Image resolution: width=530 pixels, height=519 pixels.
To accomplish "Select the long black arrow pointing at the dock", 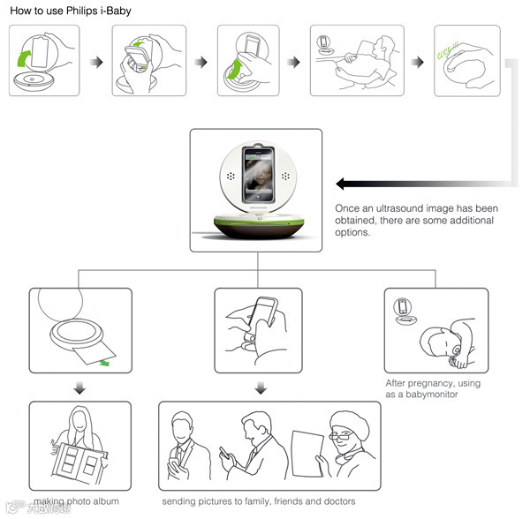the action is [415, 184].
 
